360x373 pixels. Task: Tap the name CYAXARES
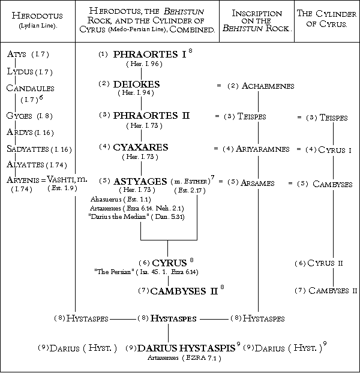click(141, 147)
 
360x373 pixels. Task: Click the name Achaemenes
click(268, 86)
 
